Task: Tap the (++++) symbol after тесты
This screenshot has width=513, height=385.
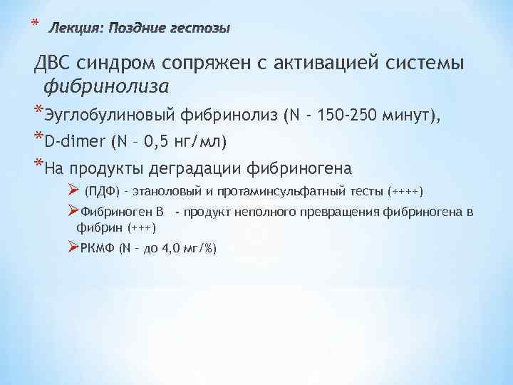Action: pyautogui.click(x=405, y=192)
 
